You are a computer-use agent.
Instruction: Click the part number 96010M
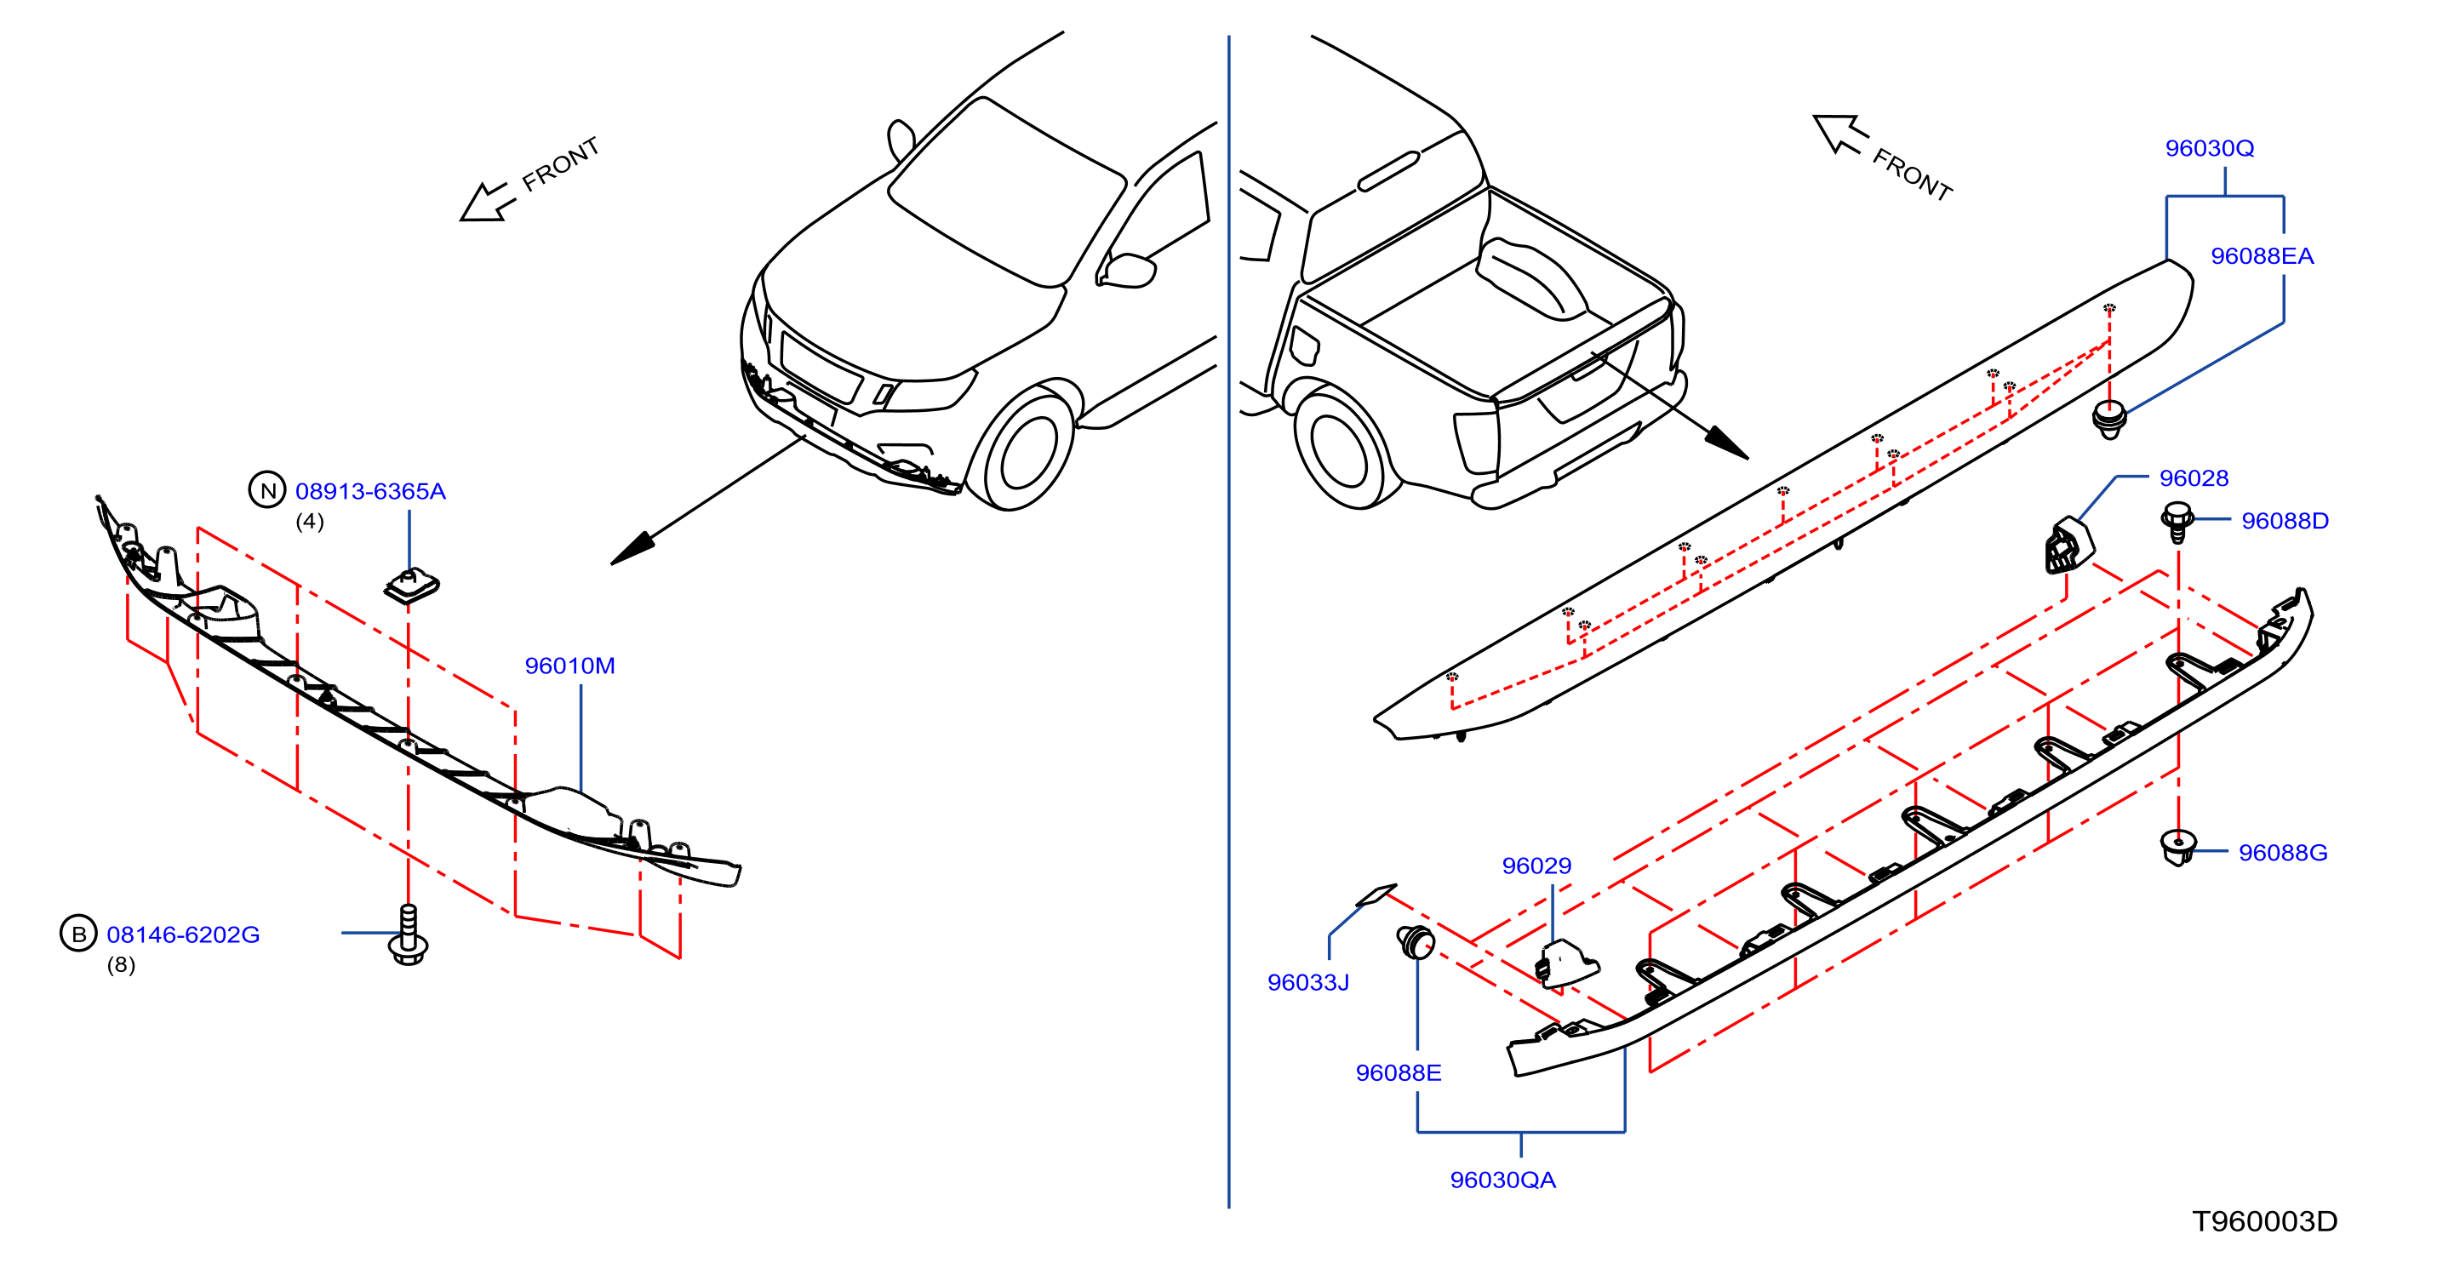(569, 666)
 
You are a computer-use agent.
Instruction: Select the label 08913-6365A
(370, 491)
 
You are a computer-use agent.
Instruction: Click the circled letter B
(78, 934)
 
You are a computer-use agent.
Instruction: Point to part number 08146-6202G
(183, 934)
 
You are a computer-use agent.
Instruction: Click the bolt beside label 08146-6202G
(409, 934)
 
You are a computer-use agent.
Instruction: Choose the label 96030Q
(2209, 149)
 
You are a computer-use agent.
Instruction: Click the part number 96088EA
(2261, 256)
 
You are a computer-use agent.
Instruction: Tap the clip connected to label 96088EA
(2108, 419)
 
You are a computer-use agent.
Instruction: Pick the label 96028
(2193, 478)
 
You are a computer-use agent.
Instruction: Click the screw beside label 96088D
(2177, 521)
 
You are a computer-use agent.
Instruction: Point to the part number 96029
(1536, 866)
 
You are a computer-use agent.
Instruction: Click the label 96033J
(1307, 983)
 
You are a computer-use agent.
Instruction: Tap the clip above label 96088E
(1416, 941)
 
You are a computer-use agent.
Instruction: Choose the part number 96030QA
(1502, 1180)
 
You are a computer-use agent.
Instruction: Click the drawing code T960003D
(2264, 1221)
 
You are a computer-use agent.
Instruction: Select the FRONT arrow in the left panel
(488, 202)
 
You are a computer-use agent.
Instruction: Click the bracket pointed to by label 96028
(2069, 545)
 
